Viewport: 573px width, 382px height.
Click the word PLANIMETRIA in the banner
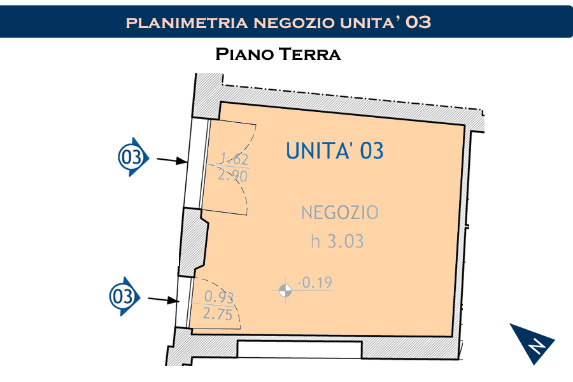[187, 23]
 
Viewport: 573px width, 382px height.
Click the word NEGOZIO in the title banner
[294, 23]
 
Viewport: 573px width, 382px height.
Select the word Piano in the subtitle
[244, 54]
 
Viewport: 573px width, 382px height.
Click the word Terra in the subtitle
[310, 54]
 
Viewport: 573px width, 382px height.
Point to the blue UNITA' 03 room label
[335, 151]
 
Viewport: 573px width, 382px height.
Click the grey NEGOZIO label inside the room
[340, 213]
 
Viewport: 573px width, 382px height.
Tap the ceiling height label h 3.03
[337, 241]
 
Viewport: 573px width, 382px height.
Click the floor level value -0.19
[315, 283]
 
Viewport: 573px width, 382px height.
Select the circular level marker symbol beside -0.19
[285, 291]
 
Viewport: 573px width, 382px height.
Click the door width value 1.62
[234, 159]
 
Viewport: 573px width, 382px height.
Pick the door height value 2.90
[233, 176]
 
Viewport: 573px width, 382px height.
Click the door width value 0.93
[219, 297]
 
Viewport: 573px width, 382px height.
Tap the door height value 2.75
[218, 314]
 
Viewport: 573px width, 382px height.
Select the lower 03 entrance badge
[125, 297]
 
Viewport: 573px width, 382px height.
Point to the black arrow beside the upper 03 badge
[172, 160]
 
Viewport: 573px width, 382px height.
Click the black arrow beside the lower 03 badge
[164, 300]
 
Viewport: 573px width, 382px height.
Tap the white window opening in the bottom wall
[300, 350]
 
